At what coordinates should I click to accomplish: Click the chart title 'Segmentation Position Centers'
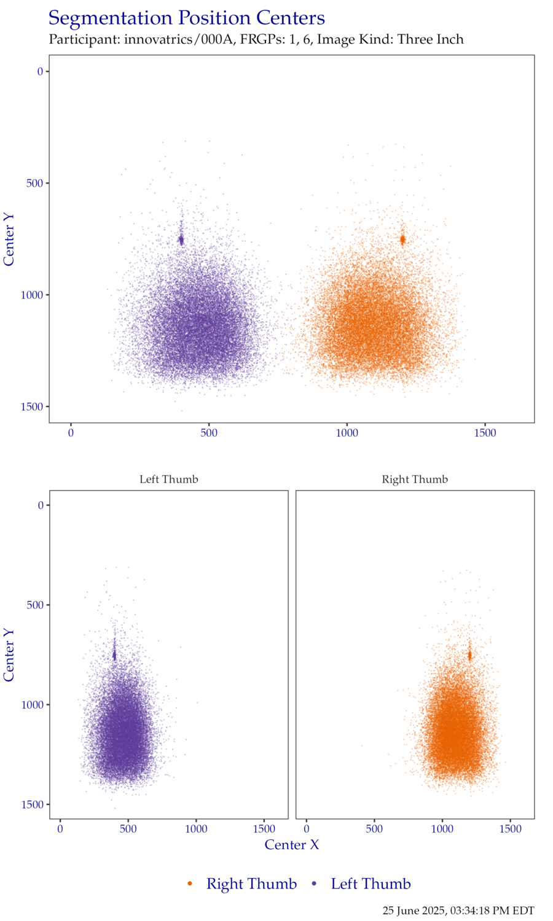[186, 18]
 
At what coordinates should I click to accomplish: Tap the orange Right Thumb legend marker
[190, 884]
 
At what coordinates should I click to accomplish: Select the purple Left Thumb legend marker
[315, 884]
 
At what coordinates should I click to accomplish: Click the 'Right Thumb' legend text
[251, 884]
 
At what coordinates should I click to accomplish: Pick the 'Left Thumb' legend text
[371, 884]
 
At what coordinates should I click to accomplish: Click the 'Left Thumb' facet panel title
[168, 480]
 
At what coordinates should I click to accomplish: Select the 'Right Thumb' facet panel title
[415, 480]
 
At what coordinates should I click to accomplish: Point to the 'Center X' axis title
[292, 845]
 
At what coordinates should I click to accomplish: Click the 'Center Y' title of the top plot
[9, 239]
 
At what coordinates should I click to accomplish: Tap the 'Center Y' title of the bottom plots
[9, 655]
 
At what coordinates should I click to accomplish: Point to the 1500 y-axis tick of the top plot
[32, 407]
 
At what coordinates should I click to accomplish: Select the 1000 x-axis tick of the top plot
[347, 433]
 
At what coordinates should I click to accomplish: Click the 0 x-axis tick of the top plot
[71, 433]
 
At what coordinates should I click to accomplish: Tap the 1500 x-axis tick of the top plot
[485, 433]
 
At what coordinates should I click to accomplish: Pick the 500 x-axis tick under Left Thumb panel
[128, 830]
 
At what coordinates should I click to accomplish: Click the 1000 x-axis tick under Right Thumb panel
[442, 830]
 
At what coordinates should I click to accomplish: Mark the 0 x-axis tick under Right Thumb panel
[306, 830]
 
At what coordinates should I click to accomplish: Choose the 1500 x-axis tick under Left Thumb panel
[264, 830]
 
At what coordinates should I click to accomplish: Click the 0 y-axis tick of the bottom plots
[41, 505]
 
